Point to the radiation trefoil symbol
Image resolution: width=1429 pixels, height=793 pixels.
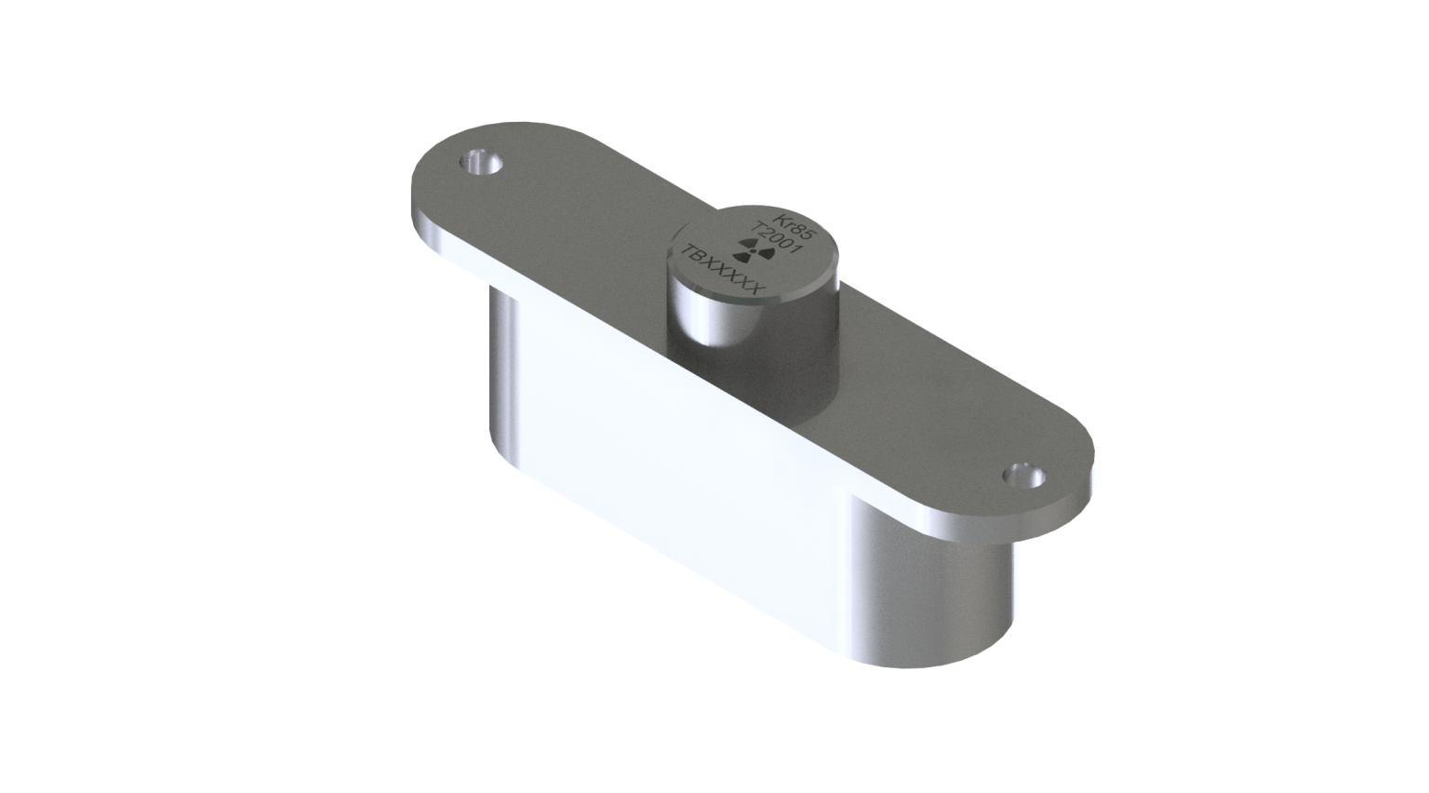point(753,250)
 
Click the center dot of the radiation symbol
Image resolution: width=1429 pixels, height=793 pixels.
point(753,251)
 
